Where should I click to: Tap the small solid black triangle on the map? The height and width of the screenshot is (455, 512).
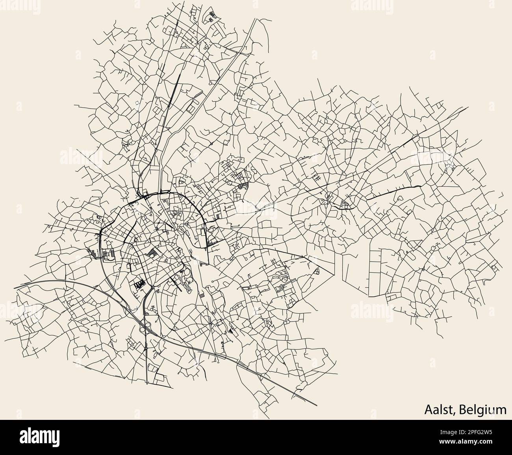[x=231, y=332]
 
